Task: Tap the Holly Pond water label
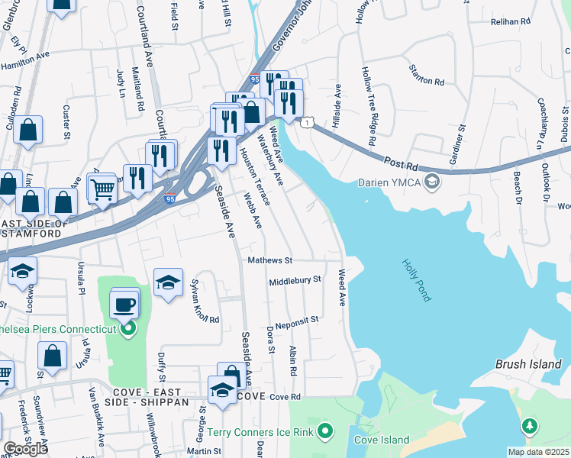point(417,279)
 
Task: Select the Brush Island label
point(527,364)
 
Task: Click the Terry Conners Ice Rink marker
point(326,432)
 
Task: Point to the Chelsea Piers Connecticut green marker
point(128,329)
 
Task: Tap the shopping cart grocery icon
point(102,189)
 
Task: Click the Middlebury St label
point(295,281)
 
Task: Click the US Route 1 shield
point(306,122)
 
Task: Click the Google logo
point(25,449)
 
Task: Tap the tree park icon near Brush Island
point(529,426)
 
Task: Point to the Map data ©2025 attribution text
point(538,452)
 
